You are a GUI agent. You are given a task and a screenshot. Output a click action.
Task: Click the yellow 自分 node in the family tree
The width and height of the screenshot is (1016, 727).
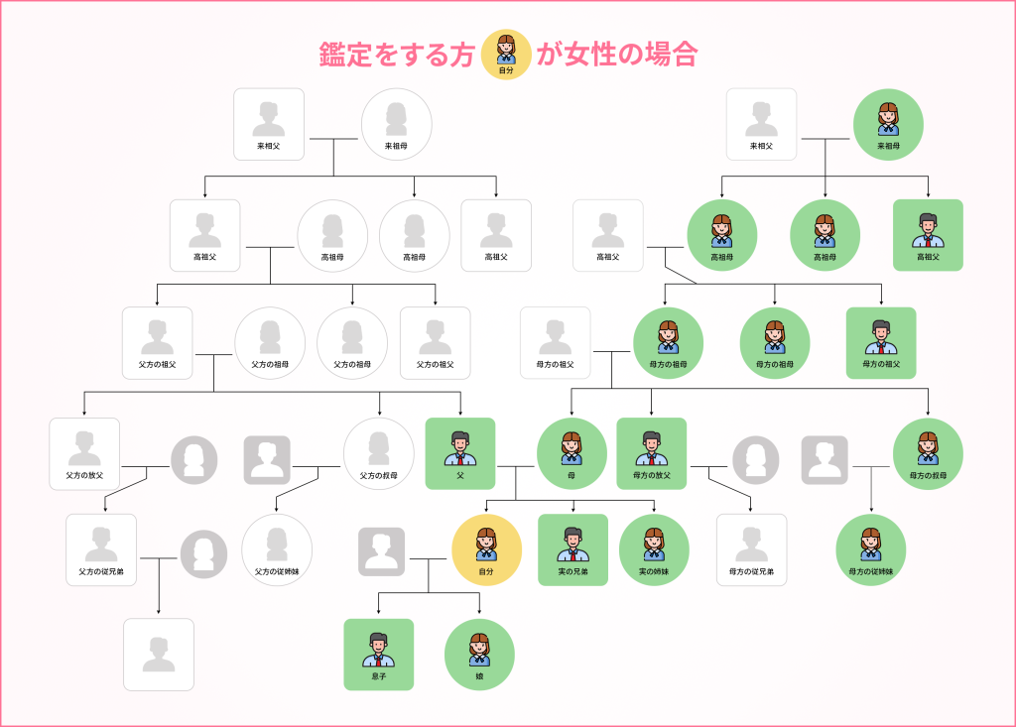pos(486,549)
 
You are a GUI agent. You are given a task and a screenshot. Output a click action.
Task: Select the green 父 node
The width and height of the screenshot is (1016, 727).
pos(460,453)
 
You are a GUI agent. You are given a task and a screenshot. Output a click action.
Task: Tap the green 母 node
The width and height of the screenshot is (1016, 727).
pos(571,453)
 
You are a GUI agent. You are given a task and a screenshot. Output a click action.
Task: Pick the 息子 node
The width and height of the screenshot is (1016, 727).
pos(379,655)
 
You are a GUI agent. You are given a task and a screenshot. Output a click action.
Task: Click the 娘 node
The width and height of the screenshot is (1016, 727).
pos(480,655)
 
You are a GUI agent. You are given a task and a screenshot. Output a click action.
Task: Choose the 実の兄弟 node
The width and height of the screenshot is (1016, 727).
pos(573,549)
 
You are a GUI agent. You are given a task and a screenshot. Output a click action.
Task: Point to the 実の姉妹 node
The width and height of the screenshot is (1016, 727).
pos(655,549)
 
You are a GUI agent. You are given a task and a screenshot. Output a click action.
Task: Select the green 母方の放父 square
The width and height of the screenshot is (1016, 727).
pos(652,453)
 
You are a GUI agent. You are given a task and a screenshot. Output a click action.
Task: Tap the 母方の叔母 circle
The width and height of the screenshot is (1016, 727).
pos(928,453)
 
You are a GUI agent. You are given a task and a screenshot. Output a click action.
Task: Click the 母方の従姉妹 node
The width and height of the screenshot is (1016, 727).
pos(871,549)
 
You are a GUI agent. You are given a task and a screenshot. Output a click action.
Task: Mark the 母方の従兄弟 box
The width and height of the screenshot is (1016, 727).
pos(751,549)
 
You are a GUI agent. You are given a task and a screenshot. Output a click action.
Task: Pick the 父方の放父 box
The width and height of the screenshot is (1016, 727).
pos(84,453)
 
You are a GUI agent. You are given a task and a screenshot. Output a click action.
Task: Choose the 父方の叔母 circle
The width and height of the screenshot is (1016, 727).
pos(379,453)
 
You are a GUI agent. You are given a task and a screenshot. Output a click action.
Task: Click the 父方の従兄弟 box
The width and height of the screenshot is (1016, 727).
pos(101,549)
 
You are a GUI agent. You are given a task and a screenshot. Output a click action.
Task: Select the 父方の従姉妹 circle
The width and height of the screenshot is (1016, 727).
pos(277,549)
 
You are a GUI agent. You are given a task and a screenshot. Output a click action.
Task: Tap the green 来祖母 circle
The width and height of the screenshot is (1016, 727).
pos(888,124)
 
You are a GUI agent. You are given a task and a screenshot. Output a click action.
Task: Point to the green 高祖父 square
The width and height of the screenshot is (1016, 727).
pos(928,235)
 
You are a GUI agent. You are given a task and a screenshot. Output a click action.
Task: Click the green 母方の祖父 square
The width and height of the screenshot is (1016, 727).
pos(881,342)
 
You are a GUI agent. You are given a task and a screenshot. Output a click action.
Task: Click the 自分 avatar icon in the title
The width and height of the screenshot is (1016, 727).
pos(506,54)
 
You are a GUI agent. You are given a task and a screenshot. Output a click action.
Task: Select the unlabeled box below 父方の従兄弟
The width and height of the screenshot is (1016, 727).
pos(159,655)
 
